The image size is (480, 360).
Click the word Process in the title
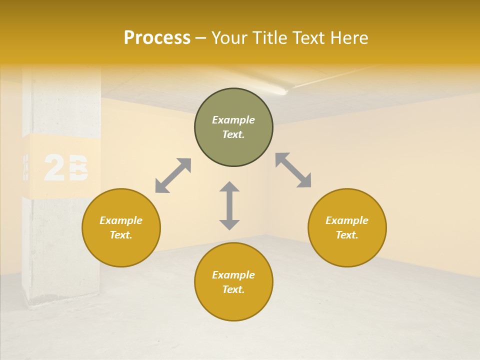[x=157, y=38]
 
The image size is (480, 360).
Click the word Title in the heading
[x=268, y=38]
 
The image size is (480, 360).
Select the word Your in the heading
[x=229, y=38]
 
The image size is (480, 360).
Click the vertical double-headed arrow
[x=229, y=205]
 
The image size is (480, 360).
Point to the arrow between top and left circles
[x=173, y=175]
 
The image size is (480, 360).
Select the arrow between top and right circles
[x=293, y=170]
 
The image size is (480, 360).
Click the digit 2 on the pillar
[x=54, y=168]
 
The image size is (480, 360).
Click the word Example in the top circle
[x=233, y=120]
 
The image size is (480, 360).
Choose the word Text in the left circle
[x=121, y=235]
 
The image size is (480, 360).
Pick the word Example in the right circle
[x=347, y=220]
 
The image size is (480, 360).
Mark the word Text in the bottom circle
[x=233, y=289]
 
